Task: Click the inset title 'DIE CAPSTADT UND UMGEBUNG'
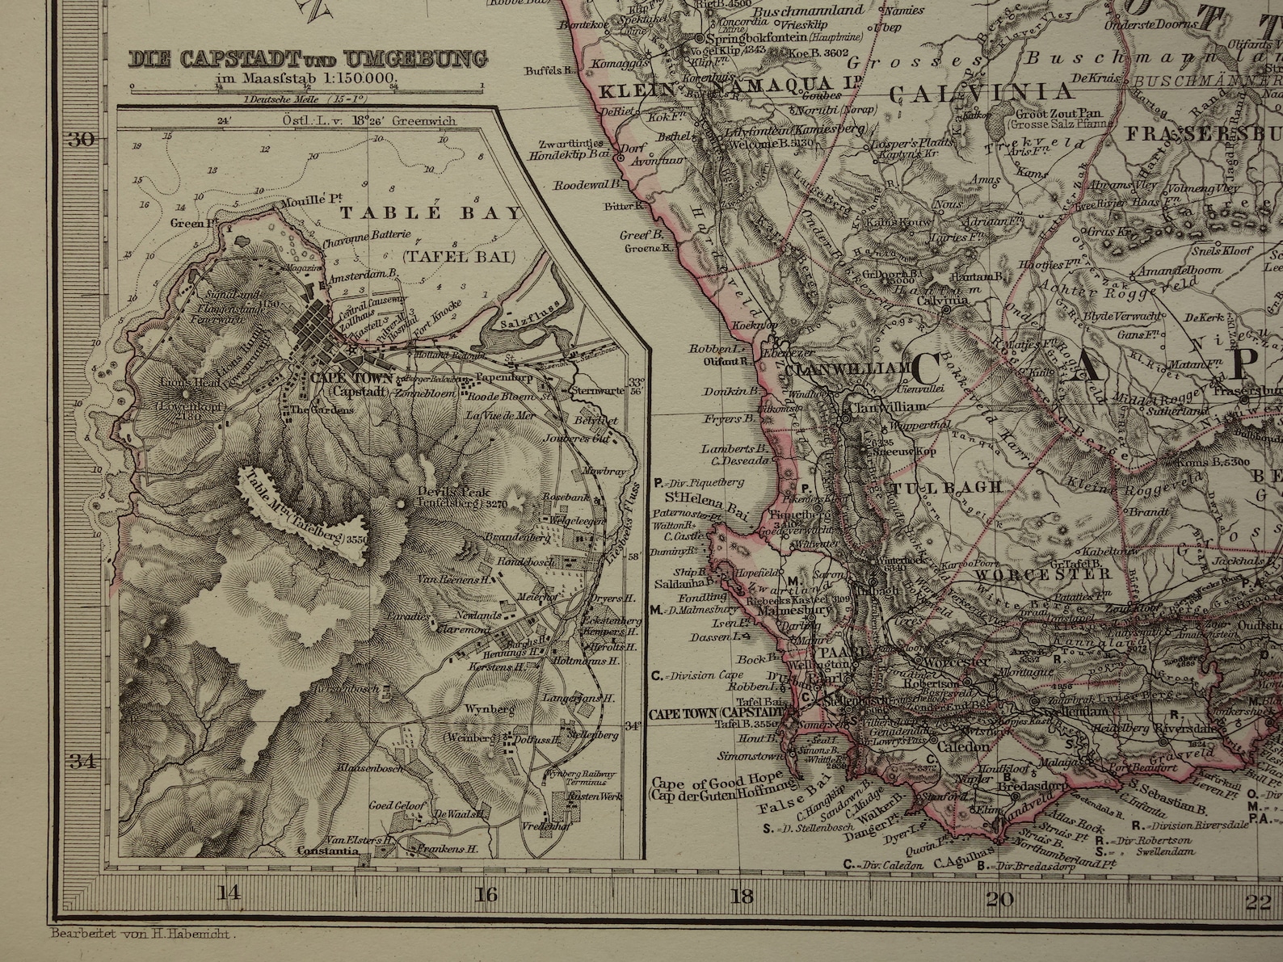[x=309, y=59]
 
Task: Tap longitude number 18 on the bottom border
[x=742, y=895]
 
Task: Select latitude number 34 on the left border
[x=79, y=760]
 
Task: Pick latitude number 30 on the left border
[x=79, y=139]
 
